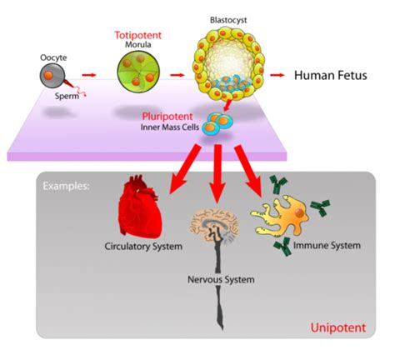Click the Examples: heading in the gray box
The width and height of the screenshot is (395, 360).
[x=67, y=185]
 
